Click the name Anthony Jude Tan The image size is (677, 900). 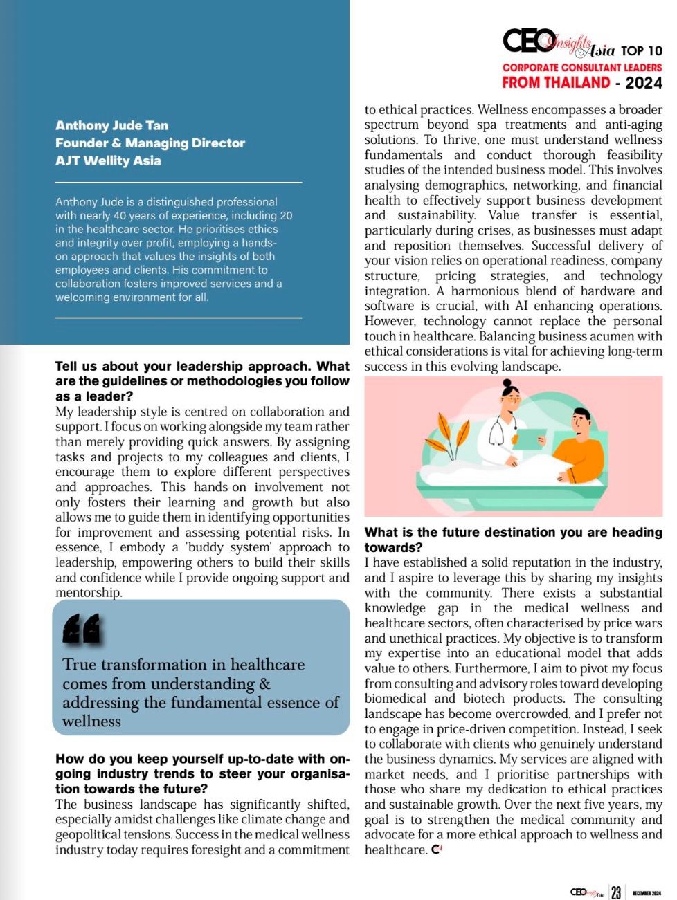point(111,125)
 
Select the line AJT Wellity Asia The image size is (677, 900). point(108,160)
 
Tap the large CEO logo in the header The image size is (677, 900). point(528,42)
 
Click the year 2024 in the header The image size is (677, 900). point(644,83)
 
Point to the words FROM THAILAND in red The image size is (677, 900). point(556,83)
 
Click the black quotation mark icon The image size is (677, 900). point(81,628)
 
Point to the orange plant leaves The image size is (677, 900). point(444,435)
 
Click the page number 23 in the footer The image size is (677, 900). point(616,892)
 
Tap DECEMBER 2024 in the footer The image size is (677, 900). point(647,892)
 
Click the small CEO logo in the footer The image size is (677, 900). point(586,892)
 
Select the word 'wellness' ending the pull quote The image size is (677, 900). point(91,722)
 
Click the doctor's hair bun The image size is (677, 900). point(507,383)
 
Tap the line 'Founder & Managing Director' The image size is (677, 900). point(150,143)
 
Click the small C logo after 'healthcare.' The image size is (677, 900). point(436,849)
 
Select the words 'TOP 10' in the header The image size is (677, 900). point(641,51)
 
